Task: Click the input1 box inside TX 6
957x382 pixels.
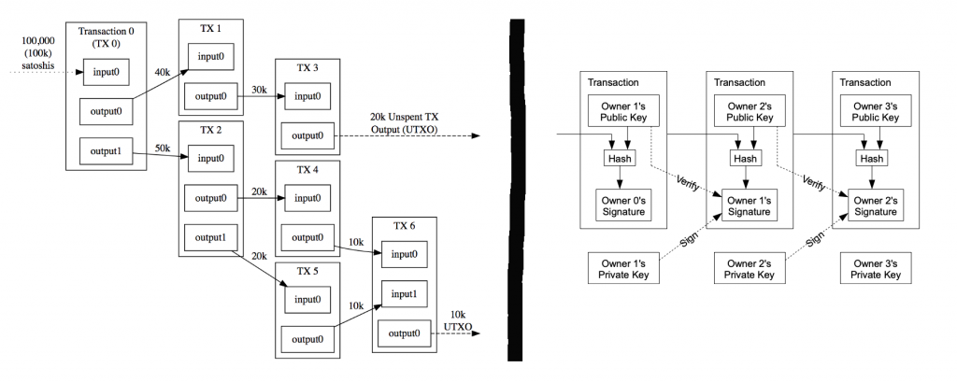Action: tap(404, 294)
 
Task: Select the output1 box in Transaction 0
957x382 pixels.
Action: tap(105, 149)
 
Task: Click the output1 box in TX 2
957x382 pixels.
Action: tap(209, 237)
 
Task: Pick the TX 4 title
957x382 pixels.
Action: tap(305, 170)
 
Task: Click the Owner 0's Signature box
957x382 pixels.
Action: tap(621, 205)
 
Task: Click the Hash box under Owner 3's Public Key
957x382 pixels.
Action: tap(871, 159)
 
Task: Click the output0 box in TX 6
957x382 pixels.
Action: tap(404, 333)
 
